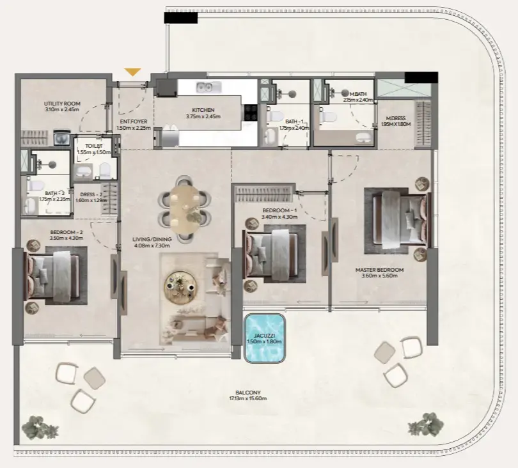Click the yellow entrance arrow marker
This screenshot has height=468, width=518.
tap(132, 72)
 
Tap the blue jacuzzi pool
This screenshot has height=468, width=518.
tap(265, 338)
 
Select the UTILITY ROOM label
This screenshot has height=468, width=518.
tap(62, 104)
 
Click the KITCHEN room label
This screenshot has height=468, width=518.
tap(203, 110)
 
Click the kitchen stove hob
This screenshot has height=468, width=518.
tap(250, 113)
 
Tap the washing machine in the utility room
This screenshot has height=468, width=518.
tap(63, 137)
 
